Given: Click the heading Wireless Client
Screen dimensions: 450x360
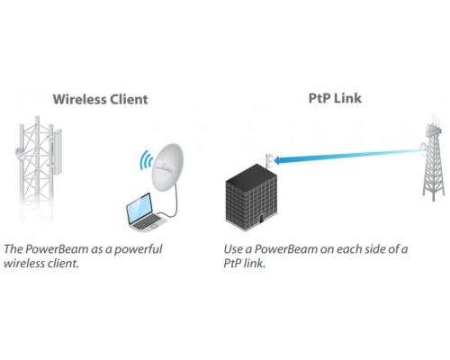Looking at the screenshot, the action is click(x=100, y=99).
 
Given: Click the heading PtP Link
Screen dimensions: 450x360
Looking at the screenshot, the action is click(x=335, y=98).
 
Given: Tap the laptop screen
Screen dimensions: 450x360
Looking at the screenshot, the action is click(x=139, y=208).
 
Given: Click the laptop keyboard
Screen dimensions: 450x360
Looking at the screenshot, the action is click(x=147, y=222).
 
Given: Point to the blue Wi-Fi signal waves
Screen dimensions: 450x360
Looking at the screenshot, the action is click(x=146, y=161).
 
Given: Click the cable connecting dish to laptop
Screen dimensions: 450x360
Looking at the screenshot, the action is click(x=173, y=204).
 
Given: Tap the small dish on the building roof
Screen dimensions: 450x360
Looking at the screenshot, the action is click(x=269, y=160).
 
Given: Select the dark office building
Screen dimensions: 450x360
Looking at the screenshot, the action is click(x=251, y=197).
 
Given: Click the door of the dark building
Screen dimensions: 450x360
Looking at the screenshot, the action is click(x=261, y=218).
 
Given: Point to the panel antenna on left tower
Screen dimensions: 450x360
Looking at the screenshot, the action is click(x=57, y=152).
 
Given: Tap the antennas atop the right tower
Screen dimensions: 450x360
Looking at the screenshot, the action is click(x=435, y=123).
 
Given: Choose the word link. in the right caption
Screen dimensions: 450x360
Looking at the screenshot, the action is click(x=255, y=263).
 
